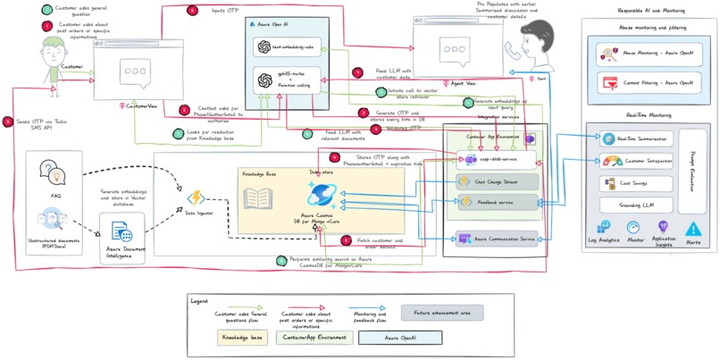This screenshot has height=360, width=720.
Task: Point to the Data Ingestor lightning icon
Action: [x=192, y=197]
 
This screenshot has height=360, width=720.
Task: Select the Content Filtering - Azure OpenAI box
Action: [x=646, y=83]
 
